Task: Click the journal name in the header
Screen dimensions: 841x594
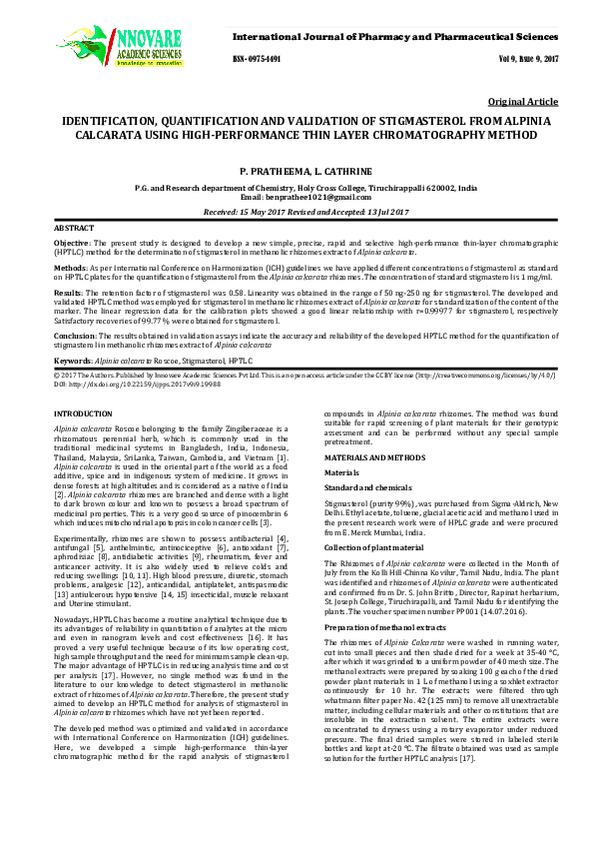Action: pos(394,36)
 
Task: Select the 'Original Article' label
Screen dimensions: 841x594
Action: pos(523,103)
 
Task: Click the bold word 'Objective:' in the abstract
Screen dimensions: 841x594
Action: pos(71,243)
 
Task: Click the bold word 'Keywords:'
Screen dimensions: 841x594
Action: pos(73,359)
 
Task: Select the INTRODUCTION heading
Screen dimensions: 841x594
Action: pos(83,413)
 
